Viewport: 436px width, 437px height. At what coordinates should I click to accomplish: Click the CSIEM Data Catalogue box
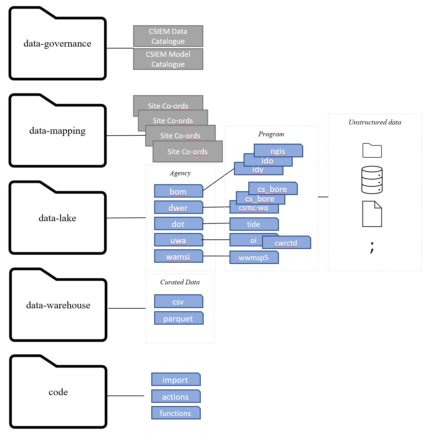pos(168,36)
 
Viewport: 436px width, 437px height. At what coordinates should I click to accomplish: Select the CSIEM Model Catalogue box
pos(168,59)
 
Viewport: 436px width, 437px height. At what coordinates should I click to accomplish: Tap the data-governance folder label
pos(57,43)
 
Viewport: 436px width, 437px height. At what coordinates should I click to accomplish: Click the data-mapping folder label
pos(57,131)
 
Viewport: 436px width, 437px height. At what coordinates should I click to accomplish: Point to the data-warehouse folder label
pos(58,305)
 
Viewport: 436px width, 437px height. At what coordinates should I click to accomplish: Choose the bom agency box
pos(178,191)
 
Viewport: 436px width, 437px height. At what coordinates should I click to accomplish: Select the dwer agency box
pos(178,207)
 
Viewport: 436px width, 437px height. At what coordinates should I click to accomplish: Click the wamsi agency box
pos(178,256)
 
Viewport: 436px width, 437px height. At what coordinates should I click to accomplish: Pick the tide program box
pos(254,224)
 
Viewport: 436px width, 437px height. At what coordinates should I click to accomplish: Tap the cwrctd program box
pos(286,243)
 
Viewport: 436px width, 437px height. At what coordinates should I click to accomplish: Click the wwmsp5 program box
pos(254,257)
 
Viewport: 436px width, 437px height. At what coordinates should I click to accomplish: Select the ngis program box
pos(278,151)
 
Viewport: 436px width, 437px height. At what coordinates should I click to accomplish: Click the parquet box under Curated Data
pos(178,318)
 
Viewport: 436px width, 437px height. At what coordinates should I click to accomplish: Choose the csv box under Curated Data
pos(178,301)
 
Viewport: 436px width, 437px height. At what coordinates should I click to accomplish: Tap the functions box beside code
pos(176,413)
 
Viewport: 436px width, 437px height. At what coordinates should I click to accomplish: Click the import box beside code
pos(176,380)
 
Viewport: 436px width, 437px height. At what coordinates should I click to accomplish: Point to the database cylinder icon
pos(372,180)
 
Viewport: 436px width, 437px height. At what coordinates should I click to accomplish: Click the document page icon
pos(372,214)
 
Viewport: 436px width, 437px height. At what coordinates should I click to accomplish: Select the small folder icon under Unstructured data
pos(372,150)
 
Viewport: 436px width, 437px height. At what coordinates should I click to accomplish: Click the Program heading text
pos(271,134)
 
